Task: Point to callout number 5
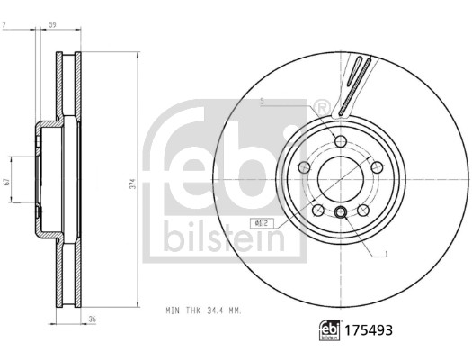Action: pos(262,102)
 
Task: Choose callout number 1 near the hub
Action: pos(386,254)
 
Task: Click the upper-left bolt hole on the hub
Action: pos(304,166)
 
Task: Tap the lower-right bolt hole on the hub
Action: pos(364,208)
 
